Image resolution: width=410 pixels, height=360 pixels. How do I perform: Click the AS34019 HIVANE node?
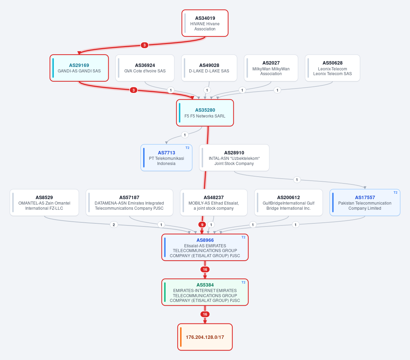coord(205,23)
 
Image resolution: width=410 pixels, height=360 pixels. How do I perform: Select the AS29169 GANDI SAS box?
coord(79,68)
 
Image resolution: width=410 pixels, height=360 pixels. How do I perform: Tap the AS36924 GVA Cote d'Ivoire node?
coord(145,68)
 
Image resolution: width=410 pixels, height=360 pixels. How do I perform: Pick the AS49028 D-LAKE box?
coord(209,68)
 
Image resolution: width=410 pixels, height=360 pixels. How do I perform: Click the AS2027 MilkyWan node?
coord(271,68)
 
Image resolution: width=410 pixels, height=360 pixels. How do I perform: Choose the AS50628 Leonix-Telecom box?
coord(332,68)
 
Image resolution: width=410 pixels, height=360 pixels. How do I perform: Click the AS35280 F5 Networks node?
coord(205,113)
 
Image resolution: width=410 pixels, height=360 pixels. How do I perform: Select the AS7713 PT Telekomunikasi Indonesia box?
coord(166,158)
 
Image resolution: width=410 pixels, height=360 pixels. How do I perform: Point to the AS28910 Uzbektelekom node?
coord(234,158)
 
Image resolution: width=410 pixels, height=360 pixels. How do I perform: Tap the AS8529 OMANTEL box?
coord(44,203)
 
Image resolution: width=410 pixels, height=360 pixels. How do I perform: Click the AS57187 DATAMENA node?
coord(129,203)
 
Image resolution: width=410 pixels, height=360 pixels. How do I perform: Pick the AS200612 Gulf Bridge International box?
coord(288,203)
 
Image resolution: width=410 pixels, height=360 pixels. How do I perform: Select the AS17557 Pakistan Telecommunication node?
coord(365,203)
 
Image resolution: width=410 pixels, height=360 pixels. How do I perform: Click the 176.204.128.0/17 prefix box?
coord(205,337)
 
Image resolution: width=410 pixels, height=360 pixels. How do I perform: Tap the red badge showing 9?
coord(202,225)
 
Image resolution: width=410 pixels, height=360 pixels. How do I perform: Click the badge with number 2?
coord(114,225)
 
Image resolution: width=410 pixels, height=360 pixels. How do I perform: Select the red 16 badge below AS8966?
coord(205,269)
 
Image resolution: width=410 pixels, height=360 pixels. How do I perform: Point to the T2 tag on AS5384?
coord(244,282)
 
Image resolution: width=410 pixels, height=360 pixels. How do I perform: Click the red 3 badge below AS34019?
coord(145,45)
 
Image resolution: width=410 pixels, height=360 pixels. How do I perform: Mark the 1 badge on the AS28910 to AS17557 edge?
coord(297,180)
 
